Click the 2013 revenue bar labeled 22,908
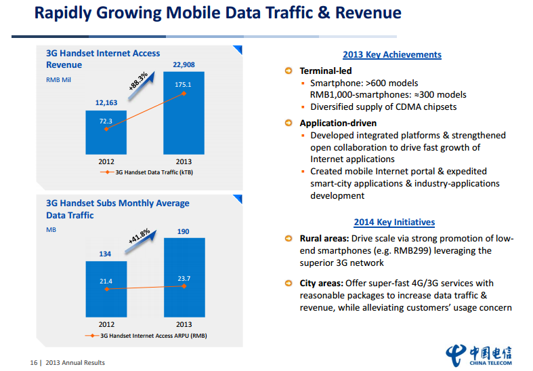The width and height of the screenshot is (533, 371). click(x=184, y=122)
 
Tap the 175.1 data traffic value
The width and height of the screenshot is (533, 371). click(x=183, y=85)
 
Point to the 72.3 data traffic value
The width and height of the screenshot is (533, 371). click(x=106, y=121)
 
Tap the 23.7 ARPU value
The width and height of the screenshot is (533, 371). click(x=183, y=278)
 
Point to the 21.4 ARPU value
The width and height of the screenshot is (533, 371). click(x=106, y=281)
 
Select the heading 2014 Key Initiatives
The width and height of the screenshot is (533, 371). click(x=394, y=222)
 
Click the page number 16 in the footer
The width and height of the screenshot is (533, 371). click(x=33, y=363)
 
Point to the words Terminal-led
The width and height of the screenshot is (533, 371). click(x=326, y=71)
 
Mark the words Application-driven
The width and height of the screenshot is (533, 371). click(x=339, y=123)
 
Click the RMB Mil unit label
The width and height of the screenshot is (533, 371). click(x=60, y=80)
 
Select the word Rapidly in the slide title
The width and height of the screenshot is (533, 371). click(x=66, y=13)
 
